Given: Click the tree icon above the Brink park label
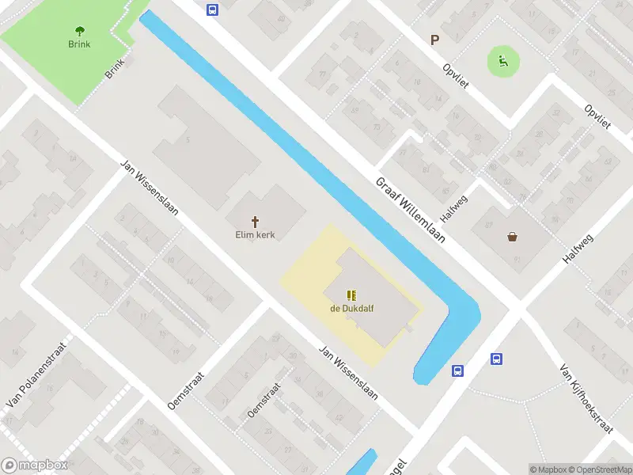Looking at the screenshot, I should coord(79,32).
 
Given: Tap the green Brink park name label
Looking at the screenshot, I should coord(79,44).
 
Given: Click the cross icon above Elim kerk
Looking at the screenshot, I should coord(255,222).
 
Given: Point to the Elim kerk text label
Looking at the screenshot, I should coord(255,235).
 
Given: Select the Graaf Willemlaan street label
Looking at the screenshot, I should coord(411,209).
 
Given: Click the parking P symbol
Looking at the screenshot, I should coord(434,40).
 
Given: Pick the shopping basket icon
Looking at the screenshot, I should coord(513,236).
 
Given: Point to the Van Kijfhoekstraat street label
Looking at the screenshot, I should coord(586,399).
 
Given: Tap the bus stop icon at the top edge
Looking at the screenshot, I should coord(212,9).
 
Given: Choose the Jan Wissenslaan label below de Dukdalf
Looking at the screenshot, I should coord(348,371).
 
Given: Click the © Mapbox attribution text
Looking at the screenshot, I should coord(549,469).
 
